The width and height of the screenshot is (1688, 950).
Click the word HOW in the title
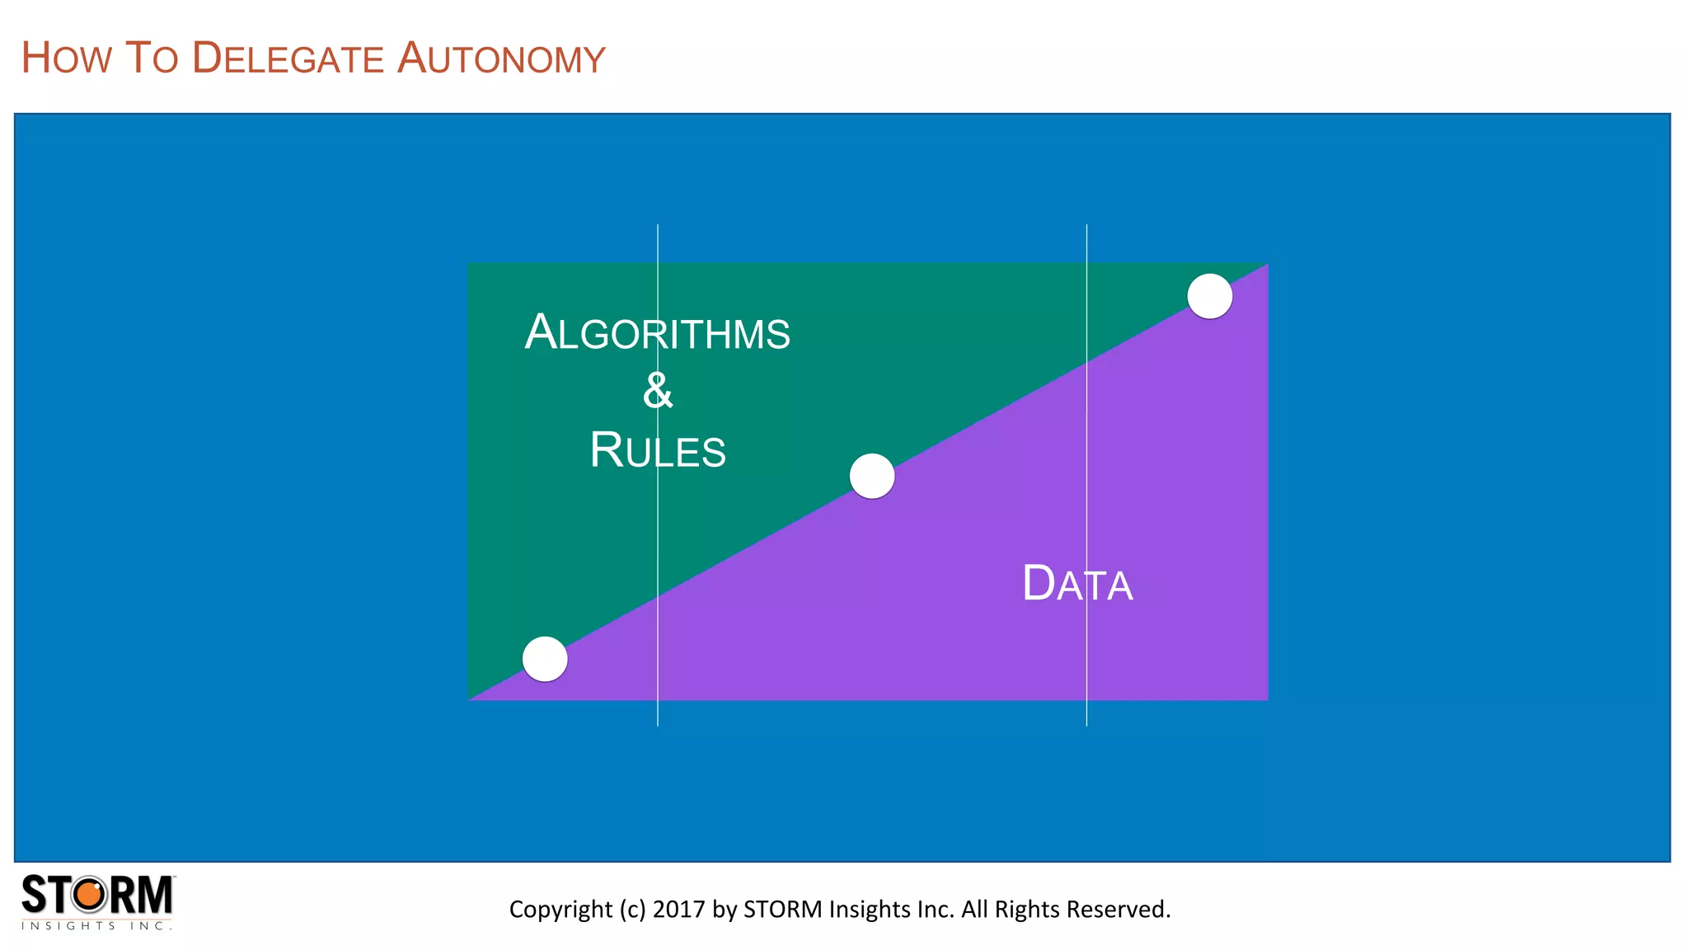click(66, 59)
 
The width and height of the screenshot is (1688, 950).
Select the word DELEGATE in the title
click(288, 59)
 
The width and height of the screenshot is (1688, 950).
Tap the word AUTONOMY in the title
click(501, 59)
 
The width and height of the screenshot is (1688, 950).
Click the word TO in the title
click(152, 59)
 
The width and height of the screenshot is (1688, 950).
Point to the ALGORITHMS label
click(657, 332)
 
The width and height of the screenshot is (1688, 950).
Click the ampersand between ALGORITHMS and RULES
click(657, 390)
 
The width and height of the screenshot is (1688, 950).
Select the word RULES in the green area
click(657, 450)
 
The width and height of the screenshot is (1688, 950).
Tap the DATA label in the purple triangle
click(1077, 584)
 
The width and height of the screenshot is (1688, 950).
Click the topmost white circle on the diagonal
click(1209, 296)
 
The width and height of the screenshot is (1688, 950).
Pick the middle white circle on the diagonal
click(872, 476)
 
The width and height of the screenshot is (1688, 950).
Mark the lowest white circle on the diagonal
click(545, 659)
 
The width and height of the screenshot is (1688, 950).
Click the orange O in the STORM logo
click(91, 895)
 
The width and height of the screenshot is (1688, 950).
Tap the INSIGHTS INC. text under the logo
click(96, 926)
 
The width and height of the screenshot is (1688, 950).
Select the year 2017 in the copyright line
click(679, 909)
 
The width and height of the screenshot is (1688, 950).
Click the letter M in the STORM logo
click(153, 895)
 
